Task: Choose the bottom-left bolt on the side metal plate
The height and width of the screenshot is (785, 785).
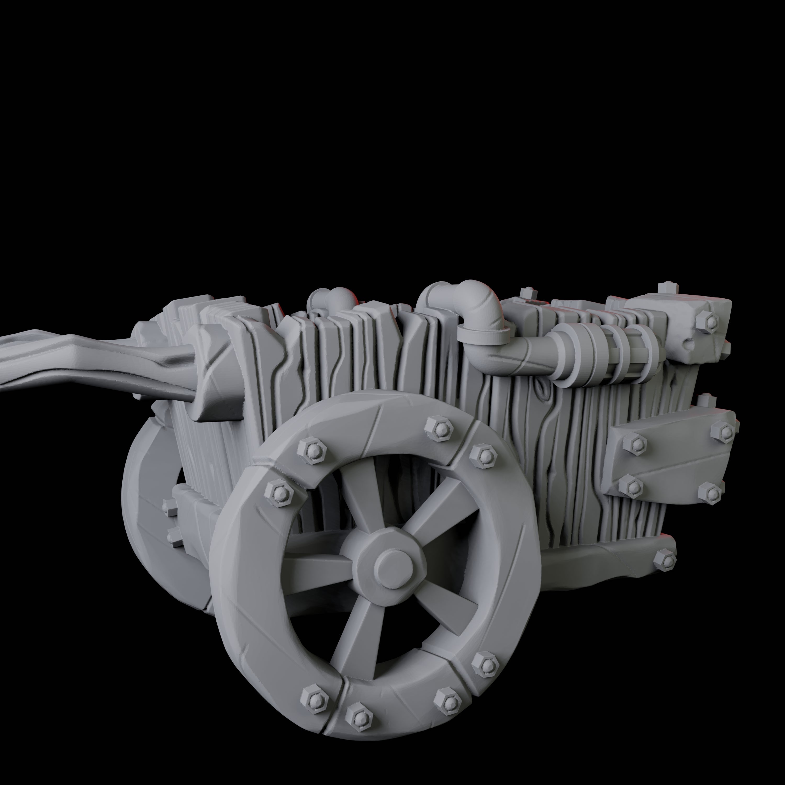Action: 632,486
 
